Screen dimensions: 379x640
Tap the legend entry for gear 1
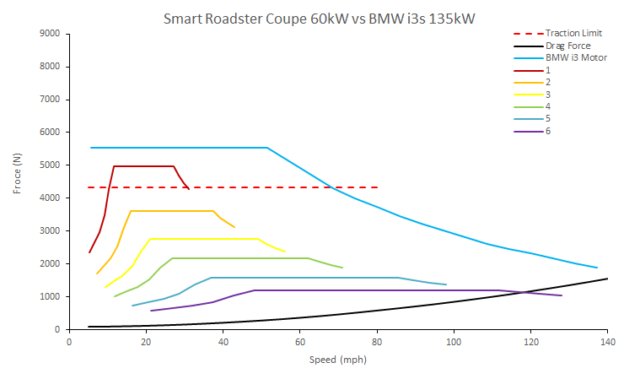pyautogui.click(x=548, y=70)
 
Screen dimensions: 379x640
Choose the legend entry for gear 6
pyautogui.click(x=548, y=131)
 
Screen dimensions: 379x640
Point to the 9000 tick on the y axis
pyautogui.click(x=49, y=34)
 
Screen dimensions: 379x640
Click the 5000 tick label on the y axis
pyautogui.click(x=49, y=165)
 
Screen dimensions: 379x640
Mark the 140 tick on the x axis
pyautogui.click(x=607, y=342)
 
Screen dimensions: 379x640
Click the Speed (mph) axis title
pyautogui.click(x=337, y=359)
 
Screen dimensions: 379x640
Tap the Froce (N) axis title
pyautogui.click(x=18, y=174)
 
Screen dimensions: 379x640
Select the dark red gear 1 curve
pyautogui.click(x=143, y=166)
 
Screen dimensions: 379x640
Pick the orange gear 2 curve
pyautogui.click(x=169, y=211)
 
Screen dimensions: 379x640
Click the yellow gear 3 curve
pyautogui.click(x=202, y=239)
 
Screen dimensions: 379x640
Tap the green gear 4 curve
pyautogui.click(x=236, y=258)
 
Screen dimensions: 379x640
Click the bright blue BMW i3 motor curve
pyautogui.click(x=169, y=148)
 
